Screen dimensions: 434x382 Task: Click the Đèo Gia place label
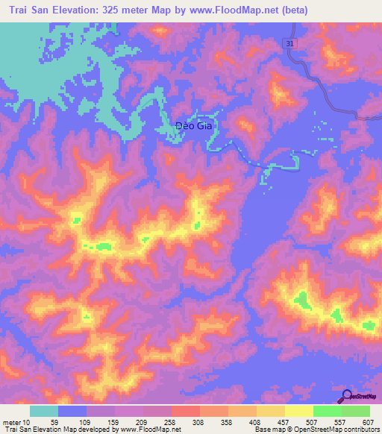tap(193, 126)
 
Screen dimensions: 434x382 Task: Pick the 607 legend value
tap(366, 423)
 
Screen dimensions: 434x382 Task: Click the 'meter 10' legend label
tap(16, 423)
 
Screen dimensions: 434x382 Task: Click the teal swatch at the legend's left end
tap(44, 411)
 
